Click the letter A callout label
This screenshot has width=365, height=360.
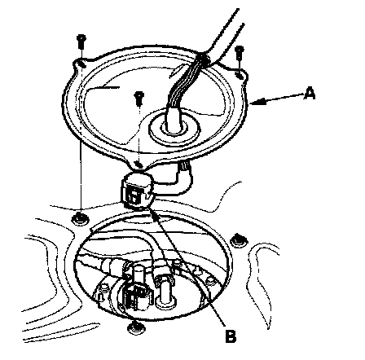pos(310,93)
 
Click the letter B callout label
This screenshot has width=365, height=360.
pos(231,336)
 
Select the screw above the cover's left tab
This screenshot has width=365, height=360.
pos(81,42)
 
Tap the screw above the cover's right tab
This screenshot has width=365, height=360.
pos(240,53)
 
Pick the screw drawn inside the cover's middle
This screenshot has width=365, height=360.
pos(139,99)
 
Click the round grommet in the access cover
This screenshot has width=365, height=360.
pos(174,129)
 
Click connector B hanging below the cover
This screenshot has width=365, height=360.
pos(137,191)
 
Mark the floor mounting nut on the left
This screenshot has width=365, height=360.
pos(80,218)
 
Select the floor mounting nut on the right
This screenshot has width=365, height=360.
pos(239,240)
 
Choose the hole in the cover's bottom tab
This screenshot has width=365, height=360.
pos(139,165)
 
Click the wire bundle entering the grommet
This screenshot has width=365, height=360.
pos(185,87)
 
